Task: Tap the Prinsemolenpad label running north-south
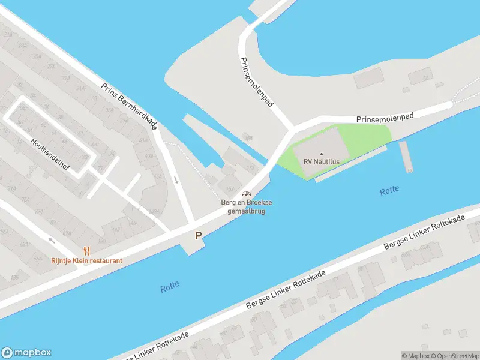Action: (x=257, y=82)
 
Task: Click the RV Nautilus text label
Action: (x=322, y=162)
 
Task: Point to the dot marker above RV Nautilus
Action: (x=322, y=154)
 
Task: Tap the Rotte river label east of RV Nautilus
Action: (x=389, y=191)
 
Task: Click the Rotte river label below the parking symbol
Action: (x=170, y=287)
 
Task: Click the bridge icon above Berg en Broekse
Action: (x=245, y=194)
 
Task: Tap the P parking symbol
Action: (x=197, y=236)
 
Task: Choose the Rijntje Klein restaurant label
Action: (x=86, y=260)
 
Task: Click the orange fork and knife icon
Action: (x=86, y=251)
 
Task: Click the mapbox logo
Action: (x=26, y=352)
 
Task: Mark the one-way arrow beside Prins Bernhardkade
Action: (x=176, y=179)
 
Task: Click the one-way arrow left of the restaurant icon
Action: (x=52, y=241)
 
